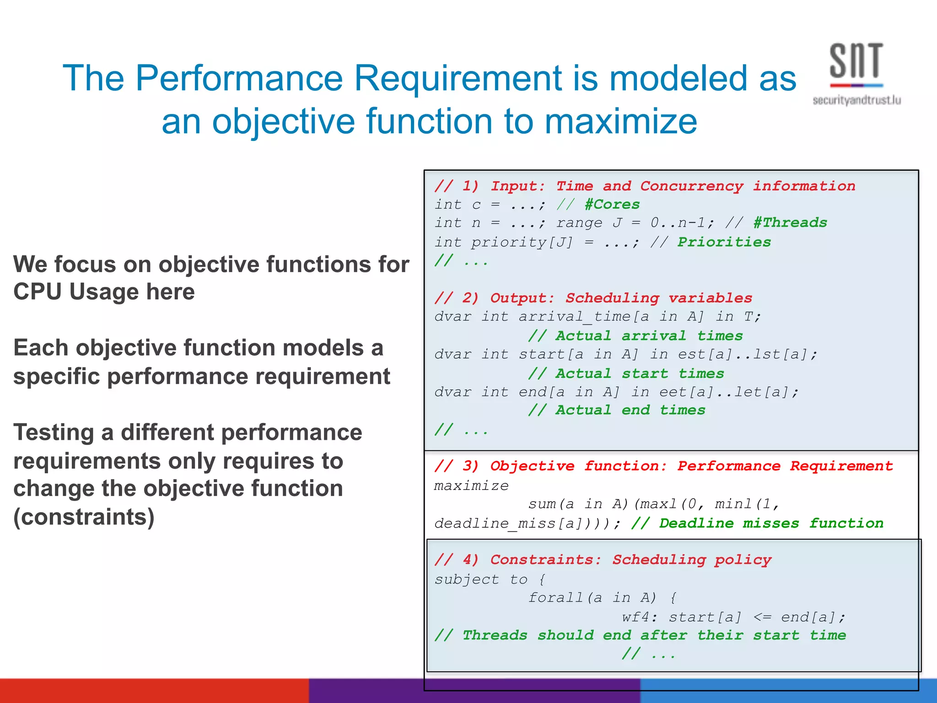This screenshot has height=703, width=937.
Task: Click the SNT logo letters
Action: [856, 61]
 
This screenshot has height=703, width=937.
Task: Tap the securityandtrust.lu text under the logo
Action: [856, 100]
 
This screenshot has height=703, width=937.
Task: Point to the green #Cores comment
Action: [612, 204]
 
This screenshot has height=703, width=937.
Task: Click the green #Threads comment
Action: [790, 223]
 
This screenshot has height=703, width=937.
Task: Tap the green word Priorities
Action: [724, 242]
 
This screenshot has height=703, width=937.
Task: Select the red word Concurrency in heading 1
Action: [691, 186]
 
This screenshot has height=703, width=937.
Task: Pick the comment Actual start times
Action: [626, 373]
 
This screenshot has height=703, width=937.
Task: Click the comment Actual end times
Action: [617, 410]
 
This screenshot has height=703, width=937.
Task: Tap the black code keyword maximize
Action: [471, 486]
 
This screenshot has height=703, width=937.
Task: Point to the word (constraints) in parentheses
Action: [84, 517]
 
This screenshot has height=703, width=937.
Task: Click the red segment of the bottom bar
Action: [154, 691]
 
